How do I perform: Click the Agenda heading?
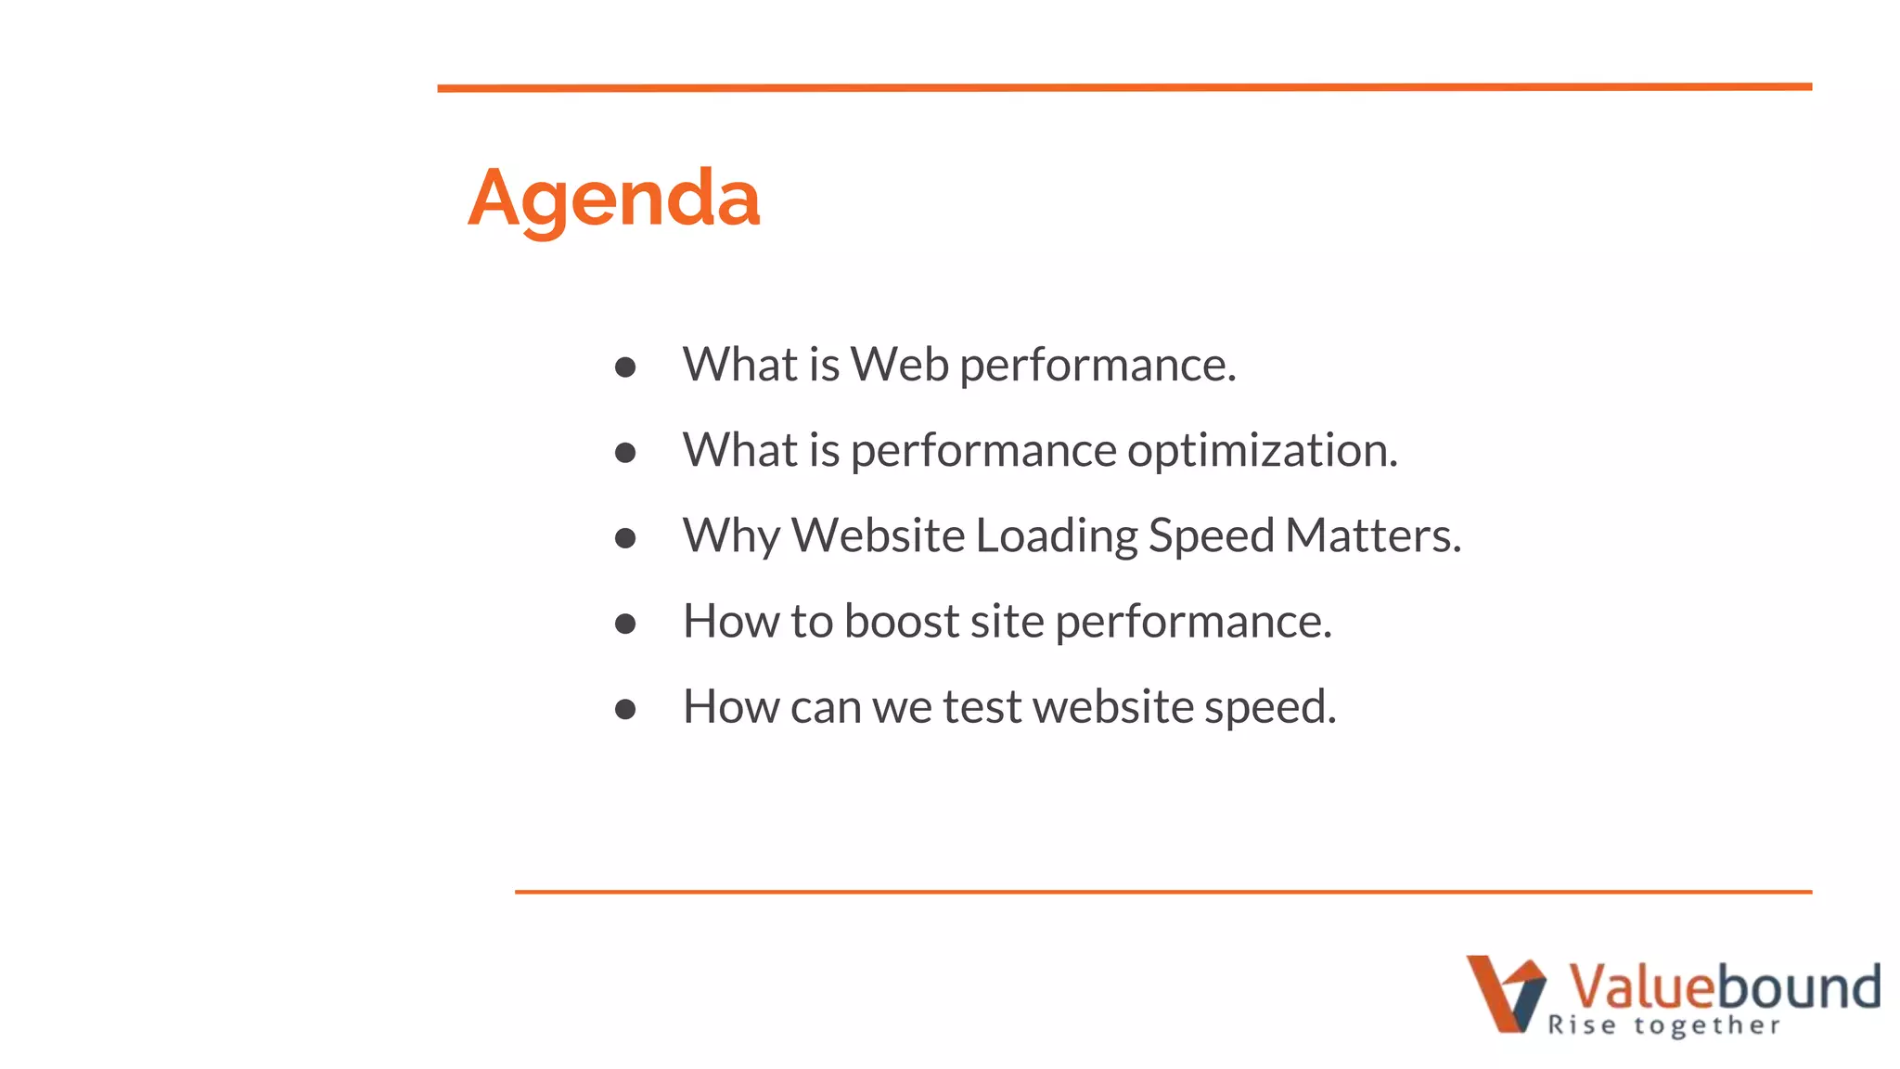[613, 199]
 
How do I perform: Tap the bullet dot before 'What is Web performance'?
[625, 367]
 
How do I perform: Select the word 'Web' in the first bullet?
[900, 364]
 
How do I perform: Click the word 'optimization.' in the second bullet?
[1262, 451]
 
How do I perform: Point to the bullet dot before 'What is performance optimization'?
[625, 453]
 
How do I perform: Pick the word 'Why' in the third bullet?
[731, 536]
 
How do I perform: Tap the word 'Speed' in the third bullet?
[1211, 536]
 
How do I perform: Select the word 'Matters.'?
[1373, 535]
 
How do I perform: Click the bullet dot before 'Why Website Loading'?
[625, 538]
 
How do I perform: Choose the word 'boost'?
[901, 621]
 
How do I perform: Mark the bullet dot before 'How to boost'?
[625, 624]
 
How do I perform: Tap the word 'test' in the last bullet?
[982, 707]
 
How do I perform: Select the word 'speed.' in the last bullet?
[1270, 708]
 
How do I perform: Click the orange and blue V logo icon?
[1506, 993]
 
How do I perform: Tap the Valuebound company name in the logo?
[1724, 985]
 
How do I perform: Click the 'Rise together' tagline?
[1664, 1025]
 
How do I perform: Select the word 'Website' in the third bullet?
[878, 535]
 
